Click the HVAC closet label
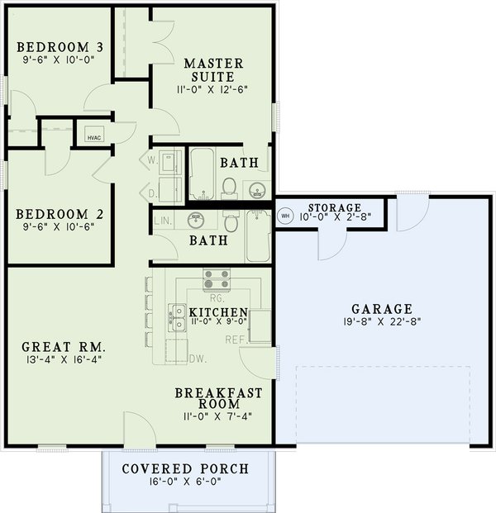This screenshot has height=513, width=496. point(88,138)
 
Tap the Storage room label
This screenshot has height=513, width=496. point(334,207)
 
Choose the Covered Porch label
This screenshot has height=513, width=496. point(184,469)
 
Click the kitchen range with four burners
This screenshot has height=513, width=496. point(217,279)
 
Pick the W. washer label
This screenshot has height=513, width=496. point(153,159)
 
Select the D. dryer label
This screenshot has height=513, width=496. point(153,193)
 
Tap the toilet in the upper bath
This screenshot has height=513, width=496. point(229,186)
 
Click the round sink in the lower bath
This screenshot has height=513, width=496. point(196,221)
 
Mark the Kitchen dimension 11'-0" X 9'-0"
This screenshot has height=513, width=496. point(212,321)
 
